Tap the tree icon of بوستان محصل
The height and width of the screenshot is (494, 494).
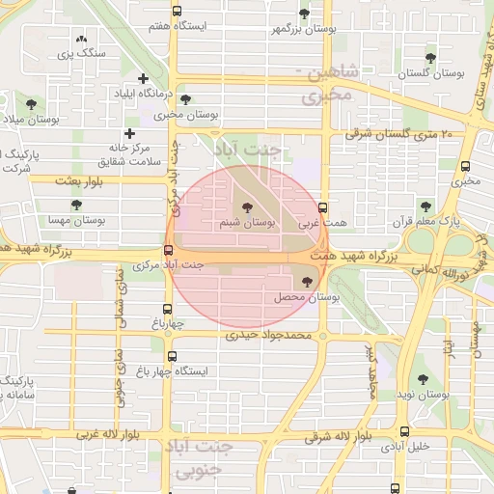(x=308, y=282)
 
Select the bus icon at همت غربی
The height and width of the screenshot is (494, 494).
(x=322, y=206)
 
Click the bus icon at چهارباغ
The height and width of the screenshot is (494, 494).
(x=169, y=311)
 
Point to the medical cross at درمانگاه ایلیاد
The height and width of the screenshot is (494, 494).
(x=143, y=78)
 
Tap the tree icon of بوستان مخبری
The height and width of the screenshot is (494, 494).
(x=185, y=98)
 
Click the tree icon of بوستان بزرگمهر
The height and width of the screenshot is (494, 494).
(x=305, y=14)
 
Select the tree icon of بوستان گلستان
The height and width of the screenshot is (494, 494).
(x=431, y=56)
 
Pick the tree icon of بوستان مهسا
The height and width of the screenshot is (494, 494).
(x=76, y=205)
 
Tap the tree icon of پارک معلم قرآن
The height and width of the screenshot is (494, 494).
(x=425, y=206)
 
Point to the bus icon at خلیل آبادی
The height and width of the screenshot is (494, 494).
(x=402, y=432)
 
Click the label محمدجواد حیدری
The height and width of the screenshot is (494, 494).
(x=269, y=337)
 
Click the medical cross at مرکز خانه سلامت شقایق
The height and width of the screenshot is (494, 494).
(x=129, y=133)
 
